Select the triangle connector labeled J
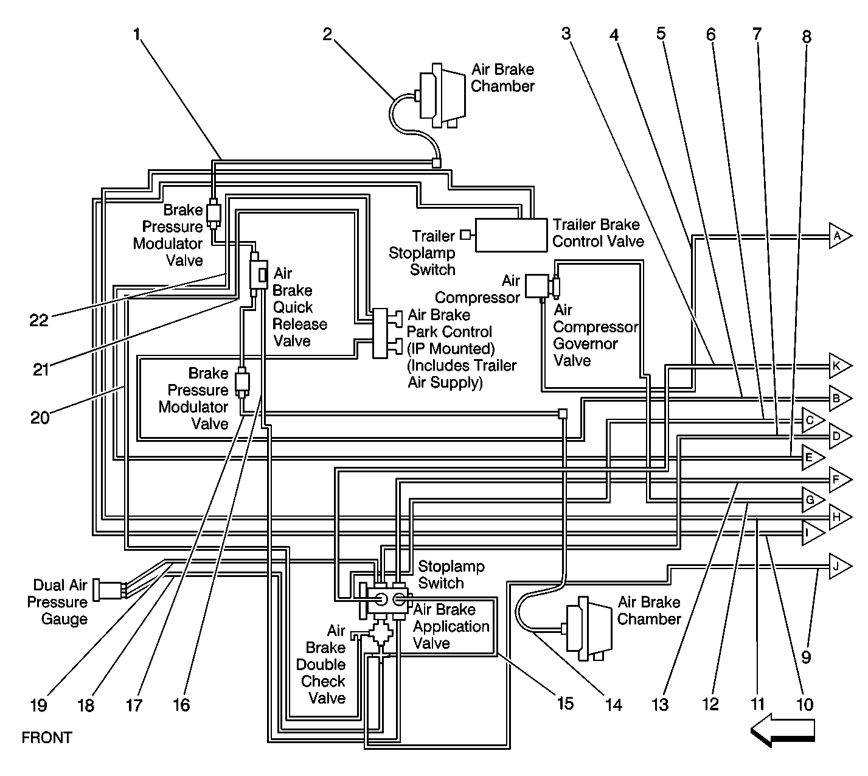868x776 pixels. click(838, 567)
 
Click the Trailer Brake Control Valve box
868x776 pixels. click(510, 235)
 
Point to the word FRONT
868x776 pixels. click(47, 738)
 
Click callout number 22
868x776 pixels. click(39, 320)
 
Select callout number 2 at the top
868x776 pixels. click(328, 35)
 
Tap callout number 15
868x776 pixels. click(565, 703)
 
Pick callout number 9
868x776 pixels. click(805, 656)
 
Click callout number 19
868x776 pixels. click(38, 705)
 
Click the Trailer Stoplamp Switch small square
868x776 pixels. click(465, 234)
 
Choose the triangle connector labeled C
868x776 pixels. click(811, 420)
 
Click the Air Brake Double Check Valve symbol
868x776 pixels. click(382, 634)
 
